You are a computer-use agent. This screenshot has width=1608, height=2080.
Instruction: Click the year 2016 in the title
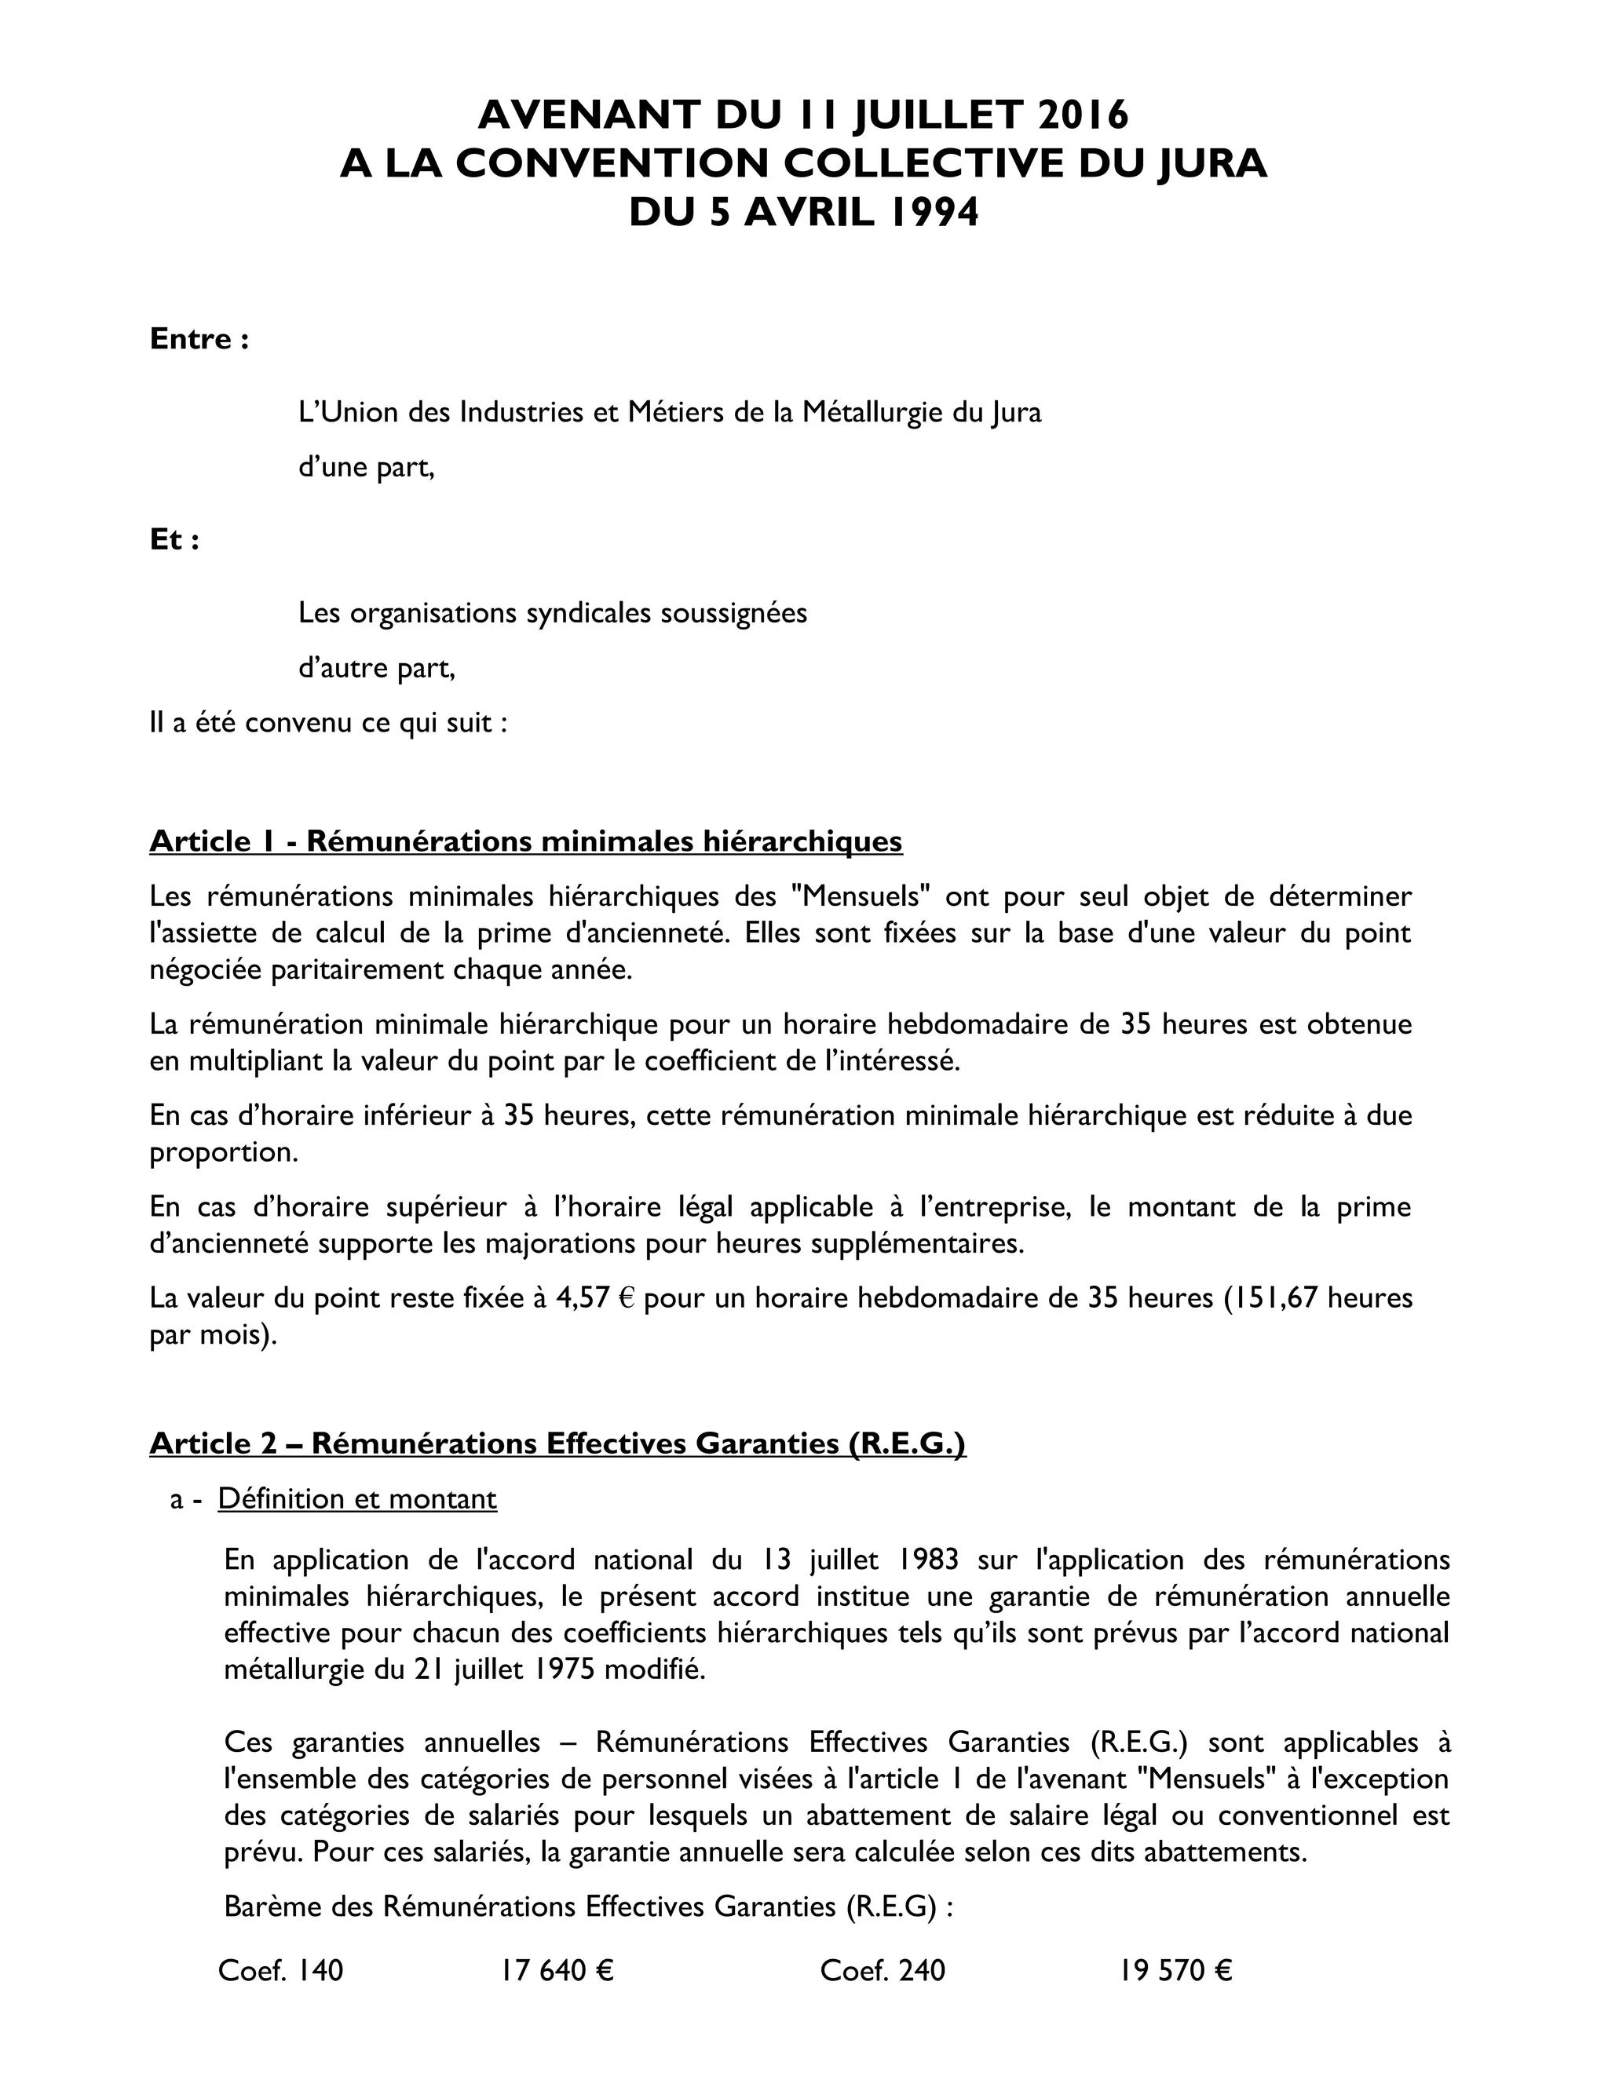coord(1082,115)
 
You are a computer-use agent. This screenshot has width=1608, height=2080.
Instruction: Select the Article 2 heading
coord(557,1443)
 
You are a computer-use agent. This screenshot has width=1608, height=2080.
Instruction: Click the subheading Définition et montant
coord(357,1498)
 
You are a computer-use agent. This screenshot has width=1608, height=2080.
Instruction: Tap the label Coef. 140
coord(280,1969)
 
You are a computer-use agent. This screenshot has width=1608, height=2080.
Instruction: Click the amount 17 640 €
coord(557,1969)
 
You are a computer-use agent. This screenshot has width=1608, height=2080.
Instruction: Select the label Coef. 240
coord(882,1969)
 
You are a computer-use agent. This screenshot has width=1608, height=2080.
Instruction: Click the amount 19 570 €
coord(1175,1969)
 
